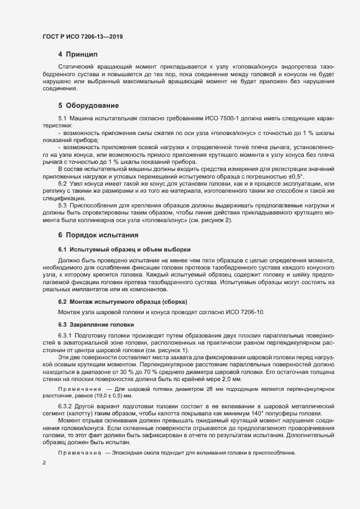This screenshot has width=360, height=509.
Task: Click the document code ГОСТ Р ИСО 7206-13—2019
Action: pos(82,36)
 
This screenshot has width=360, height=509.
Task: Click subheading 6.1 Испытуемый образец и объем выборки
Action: pos(124,249)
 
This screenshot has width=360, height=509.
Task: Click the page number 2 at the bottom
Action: pos(44,463)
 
